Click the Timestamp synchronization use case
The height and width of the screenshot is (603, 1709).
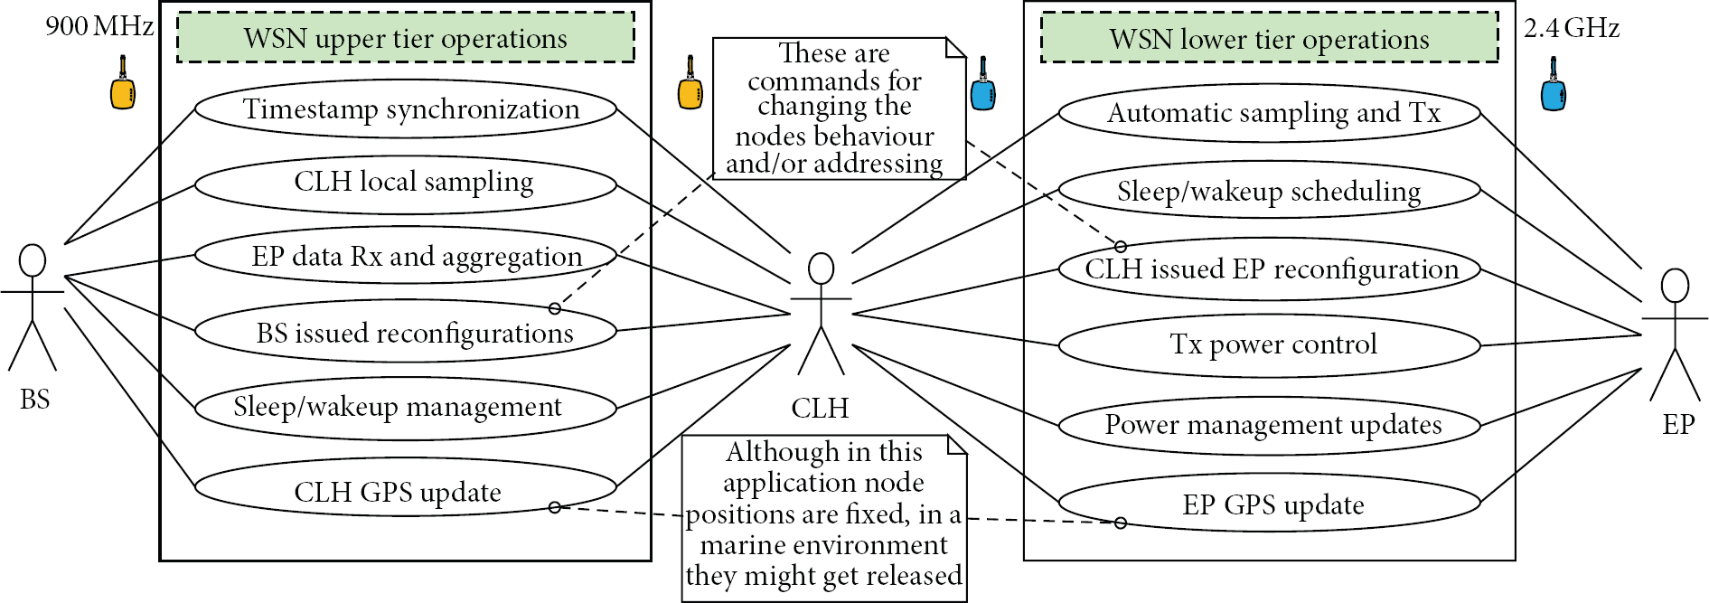coord(406,109)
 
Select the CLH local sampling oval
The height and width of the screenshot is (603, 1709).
coord(406,183)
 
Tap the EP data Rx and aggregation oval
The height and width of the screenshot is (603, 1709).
coord(406,257)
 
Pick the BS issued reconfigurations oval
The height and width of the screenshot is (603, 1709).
coord(406,333)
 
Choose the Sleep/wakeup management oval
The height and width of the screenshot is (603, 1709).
coord(406,407)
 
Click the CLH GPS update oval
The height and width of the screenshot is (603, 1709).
coord(406,492)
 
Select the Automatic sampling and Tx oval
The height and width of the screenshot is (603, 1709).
coord(1270,113)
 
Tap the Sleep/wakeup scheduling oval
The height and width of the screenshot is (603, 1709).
coord(1270,191)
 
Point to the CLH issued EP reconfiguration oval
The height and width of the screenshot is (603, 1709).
coord(1270,269)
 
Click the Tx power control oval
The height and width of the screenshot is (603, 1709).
coord(1270,344)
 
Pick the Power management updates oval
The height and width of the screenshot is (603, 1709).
coord(1270,425)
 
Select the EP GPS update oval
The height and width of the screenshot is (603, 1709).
coord(1270,504)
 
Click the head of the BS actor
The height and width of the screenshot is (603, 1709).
coord(33,260)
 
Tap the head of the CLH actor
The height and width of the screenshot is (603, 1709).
coord(821,269)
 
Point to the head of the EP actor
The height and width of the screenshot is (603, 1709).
coord(1675,286)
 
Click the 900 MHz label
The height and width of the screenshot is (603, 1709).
coord(99,26)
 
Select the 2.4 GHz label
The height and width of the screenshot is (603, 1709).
coord(1572,28)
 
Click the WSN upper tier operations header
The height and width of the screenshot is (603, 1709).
coord(406,38)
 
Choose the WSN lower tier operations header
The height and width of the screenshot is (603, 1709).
coord(1270,38)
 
